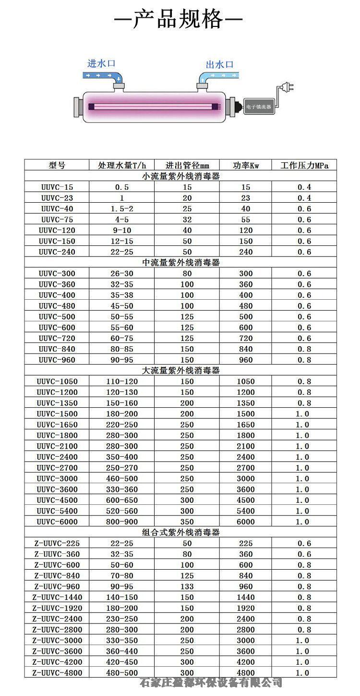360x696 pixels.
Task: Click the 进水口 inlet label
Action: (x=101, y=63)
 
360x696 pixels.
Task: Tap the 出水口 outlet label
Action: (x=219, y=64)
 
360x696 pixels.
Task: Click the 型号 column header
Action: (x=57, y=165)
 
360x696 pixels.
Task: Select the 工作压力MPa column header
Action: (x=304, y=165)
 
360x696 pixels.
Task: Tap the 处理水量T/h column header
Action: (x=122, y=165)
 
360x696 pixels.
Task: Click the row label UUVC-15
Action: (x=57, y=187)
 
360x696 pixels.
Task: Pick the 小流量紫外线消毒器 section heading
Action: (x=181, y=176)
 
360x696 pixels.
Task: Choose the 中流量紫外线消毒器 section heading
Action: (x=181, y=263)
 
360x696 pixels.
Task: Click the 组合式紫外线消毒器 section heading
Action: (x=181, y=533)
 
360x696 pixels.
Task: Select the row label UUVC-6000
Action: (x=57, y=522)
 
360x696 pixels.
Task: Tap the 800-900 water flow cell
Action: (x=122, y=522)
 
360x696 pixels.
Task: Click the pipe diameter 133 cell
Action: (x=187, y=586)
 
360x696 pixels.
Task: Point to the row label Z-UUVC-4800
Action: (x=57, y=673)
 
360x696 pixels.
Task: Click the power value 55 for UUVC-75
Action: (x=246, y=220)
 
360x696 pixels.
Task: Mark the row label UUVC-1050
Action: (x=57, y=381)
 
